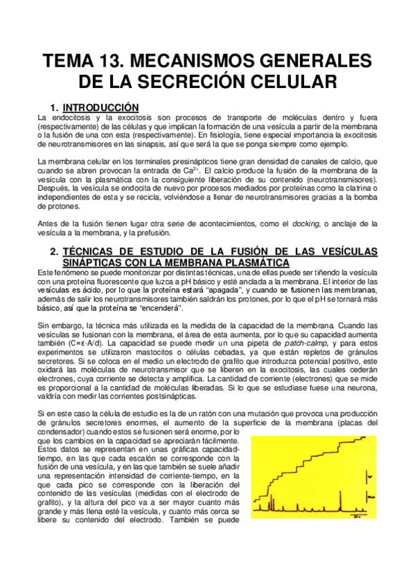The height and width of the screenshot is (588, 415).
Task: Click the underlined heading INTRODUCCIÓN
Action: (x=101, y=107)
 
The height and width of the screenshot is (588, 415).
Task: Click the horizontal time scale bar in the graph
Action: (x=357, y=514)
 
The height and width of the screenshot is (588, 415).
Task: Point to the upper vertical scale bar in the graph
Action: (x=369, y=476)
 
